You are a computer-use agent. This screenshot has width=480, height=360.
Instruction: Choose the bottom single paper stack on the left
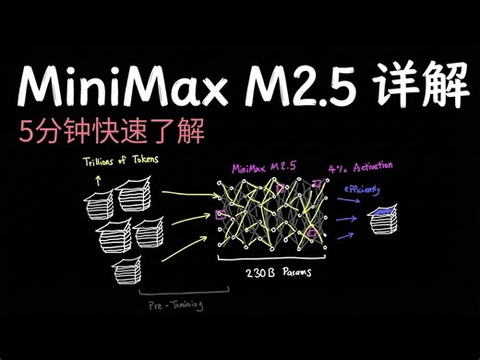pos(127,269)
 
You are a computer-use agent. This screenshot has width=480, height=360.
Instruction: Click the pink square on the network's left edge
pos(219,215)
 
